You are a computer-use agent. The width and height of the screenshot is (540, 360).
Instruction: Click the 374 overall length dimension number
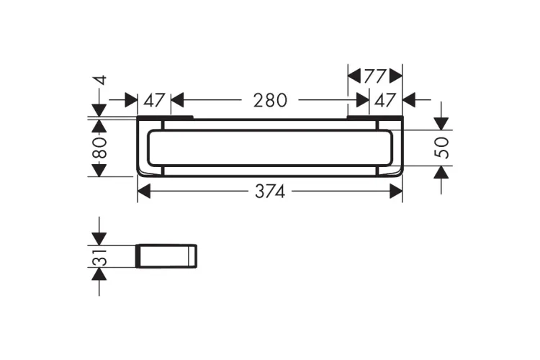(270, 192)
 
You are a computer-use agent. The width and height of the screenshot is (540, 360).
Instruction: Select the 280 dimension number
(270, 100)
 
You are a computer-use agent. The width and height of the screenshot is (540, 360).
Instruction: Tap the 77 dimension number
(375, 76)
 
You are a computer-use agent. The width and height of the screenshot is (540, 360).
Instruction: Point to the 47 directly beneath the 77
(385, 100)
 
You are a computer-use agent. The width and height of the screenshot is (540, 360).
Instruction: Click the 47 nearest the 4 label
(154, 100)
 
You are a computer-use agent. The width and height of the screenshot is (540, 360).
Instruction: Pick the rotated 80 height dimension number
(100, 148)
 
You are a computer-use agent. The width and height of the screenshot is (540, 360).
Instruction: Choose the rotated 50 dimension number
(442, 148)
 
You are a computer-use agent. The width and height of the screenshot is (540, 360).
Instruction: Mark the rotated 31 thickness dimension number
(100, 257)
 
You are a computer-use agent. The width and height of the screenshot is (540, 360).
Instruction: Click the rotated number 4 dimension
(101, 81)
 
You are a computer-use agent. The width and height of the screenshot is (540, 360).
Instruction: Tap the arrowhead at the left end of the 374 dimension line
(144, 192)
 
